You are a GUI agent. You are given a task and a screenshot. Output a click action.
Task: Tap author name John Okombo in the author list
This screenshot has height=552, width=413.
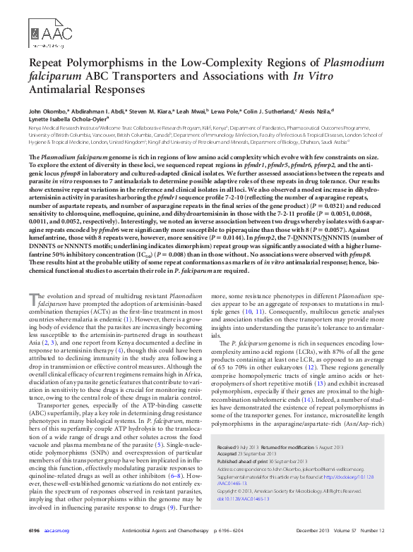click(x=47, y=111)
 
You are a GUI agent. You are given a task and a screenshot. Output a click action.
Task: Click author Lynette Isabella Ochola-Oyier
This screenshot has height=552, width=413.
click(x=71, y=120)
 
